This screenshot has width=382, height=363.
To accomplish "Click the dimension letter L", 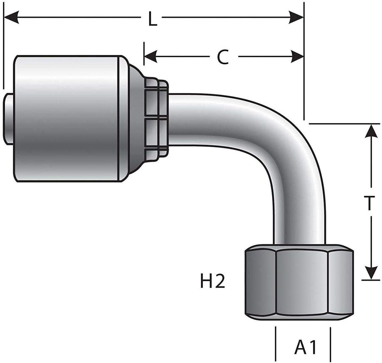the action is coord(153,18).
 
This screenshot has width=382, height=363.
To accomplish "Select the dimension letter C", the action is coord(223,57).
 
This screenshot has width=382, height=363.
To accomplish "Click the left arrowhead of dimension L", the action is coord(12,18).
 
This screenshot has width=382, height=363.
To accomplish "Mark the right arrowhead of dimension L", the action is coord(296,18).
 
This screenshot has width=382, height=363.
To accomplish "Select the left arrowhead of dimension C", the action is coord(151,57).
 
